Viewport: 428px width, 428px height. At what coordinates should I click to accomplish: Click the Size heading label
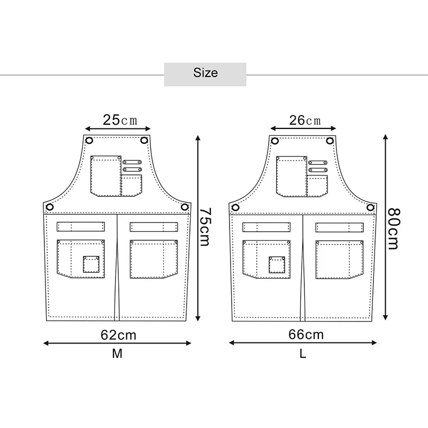pos(205,72)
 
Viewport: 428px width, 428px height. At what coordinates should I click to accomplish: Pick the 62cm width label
pos(118,335)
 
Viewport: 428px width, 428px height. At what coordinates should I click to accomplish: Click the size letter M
pos(117,354)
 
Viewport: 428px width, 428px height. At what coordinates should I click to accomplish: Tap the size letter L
pos(303,354)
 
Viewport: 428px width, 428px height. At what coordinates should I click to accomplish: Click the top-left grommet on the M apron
pos(89,141)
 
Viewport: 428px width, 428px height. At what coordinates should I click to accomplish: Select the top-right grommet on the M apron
pos(144,141)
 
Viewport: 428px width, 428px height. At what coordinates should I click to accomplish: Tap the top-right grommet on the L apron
pos(330,141)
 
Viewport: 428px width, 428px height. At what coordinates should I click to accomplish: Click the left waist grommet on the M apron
pos(50,207)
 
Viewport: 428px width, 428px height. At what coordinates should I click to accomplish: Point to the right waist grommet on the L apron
pos(370,207)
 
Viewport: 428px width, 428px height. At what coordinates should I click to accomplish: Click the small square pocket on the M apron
pos(91,264)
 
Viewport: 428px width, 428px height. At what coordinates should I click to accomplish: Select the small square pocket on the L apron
pos(277,264)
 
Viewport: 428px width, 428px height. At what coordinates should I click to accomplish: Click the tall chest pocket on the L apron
pos(291,175)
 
